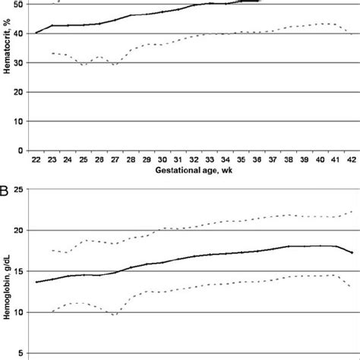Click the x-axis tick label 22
(x=36, y=159)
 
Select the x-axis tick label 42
(x=352, y=159)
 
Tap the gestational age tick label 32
(x=194, y=159)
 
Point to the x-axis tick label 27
(x=115, y=159)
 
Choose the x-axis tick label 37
(x=273, y=159)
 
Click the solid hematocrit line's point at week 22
(x=36, y=33)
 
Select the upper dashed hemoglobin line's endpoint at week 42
(x=352, y=211)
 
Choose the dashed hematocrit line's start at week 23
(x=52, y=53)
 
